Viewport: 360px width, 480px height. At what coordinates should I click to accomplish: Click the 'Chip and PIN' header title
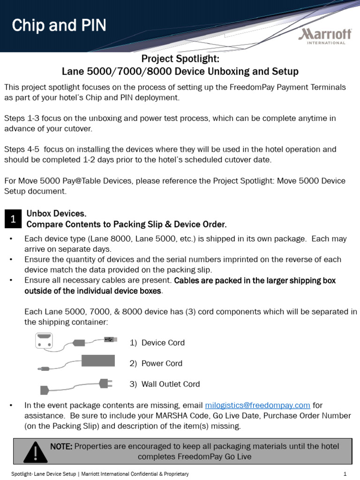[x=59, y=25]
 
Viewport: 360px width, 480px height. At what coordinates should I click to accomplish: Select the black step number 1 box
[x=13, y=219]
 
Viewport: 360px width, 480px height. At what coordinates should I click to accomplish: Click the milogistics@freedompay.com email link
[x=258, y=405]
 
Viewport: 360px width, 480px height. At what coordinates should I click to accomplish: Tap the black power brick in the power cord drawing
[x=98, y=360]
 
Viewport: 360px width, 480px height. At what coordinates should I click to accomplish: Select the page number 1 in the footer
[x=345, y=474]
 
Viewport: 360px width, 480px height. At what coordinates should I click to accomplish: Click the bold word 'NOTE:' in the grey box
[x=61, y=446]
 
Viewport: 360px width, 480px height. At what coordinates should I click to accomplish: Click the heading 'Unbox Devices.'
[x=56, y=214]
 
